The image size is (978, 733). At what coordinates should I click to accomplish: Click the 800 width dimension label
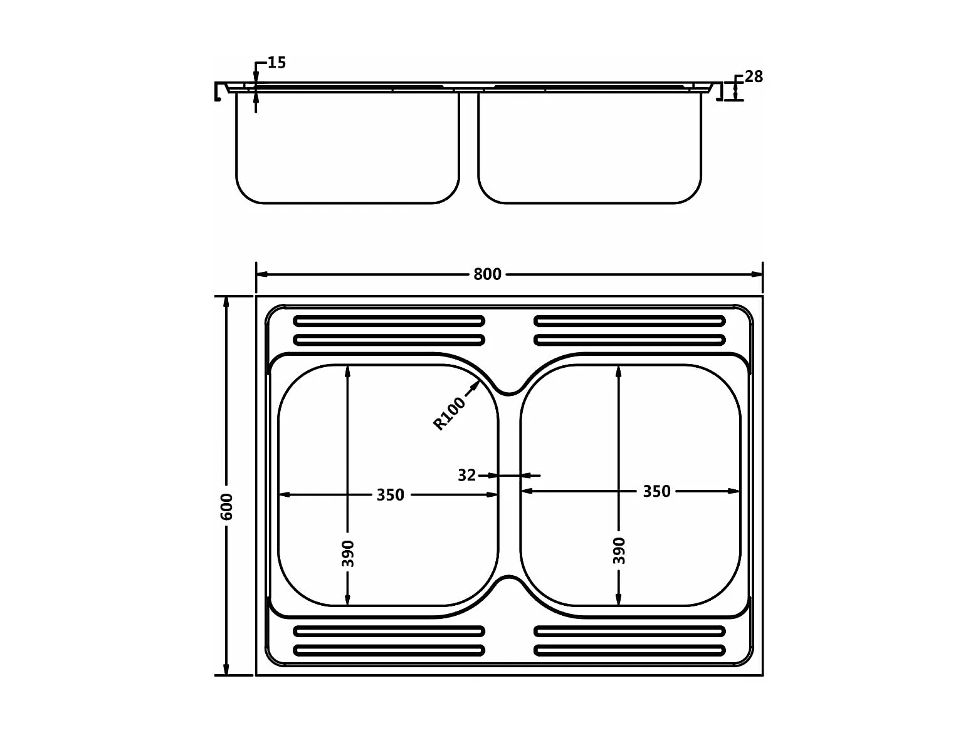(x=487, y=274)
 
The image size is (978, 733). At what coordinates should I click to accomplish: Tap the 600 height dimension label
(x=226, y=506)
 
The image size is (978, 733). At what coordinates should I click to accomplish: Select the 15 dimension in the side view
(x=276, y=63)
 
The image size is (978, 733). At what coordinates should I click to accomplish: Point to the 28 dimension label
(x=754, y=77)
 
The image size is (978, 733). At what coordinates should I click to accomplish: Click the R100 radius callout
(x=450, y=413)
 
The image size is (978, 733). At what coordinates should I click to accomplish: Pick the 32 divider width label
(x=466, y=476)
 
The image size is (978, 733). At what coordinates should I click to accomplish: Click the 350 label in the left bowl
(x=390, y=495)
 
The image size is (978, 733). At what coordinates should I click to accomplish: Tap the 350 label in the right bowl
(x=656, y=492)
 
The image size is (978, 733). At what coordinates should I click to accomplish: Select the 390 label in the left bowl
(x=348, y=553)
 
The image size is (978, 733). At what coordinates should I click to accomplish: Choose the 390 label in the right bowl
(x=619, y=551)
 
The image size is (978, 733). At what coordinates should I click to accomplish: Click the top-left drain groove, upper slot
(x=389, y=321)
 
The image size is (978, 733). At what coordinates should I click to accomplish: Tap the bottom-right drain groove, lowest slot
(x=629, y=650)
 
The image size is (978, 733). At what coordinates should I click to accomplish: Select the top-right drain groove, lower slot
(x=629, y=340)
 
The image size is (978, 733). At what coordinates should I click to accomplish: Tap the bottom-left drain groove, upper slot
(x=389, y=631)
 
